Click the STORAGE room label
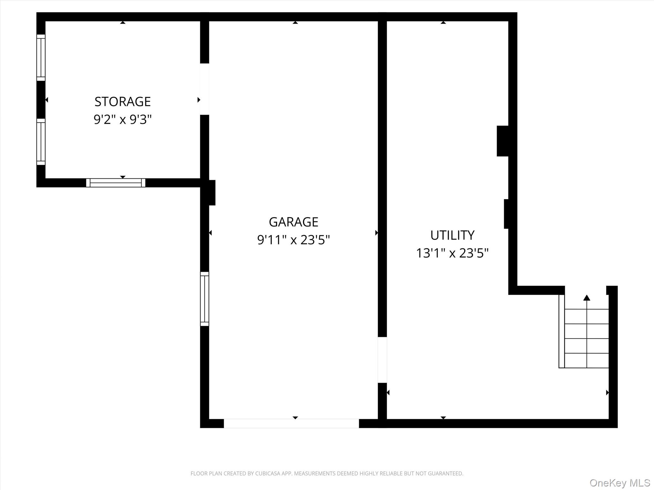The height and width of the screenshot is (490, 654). [x=122, y=102]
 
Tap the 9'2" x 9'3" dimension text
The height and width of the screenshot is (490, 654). [x=122, y=120]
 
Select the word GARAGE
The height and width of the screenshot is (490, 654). [x=293, y=222]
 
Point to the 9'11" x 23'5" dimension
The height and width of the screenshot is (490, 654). [x=293, y=240]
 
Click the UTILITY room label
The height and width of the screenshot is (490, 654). [x=452, y=235]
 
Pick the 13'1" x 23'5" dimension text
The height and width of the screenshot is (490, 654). [x=452, y=253]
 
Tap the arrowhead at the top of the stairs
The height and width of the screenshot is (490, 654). [x=587, y=298]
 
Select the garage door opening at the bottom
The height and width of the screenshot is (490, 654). [x=291, y=423]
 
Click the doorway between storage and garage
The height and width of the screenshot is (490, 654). [x=204, y=89]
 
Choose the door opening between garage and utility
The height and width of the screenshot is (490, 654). [x=382, y=360]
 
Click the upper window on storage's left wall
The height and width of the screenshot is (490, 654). [x=41, y=57]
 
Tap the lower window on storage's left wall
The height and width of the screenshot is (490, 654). [x=41, y=142]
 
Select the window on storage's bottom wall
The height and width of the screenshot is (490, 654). [x=116, y=183]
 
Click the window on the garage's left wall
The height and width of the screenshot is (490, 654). [x=204, y=299]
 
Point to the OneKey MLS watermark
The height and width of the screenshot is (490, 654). [x=620, y=483]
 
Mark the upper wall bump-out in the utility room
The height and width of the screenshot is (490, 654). [x=503, y=141]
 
